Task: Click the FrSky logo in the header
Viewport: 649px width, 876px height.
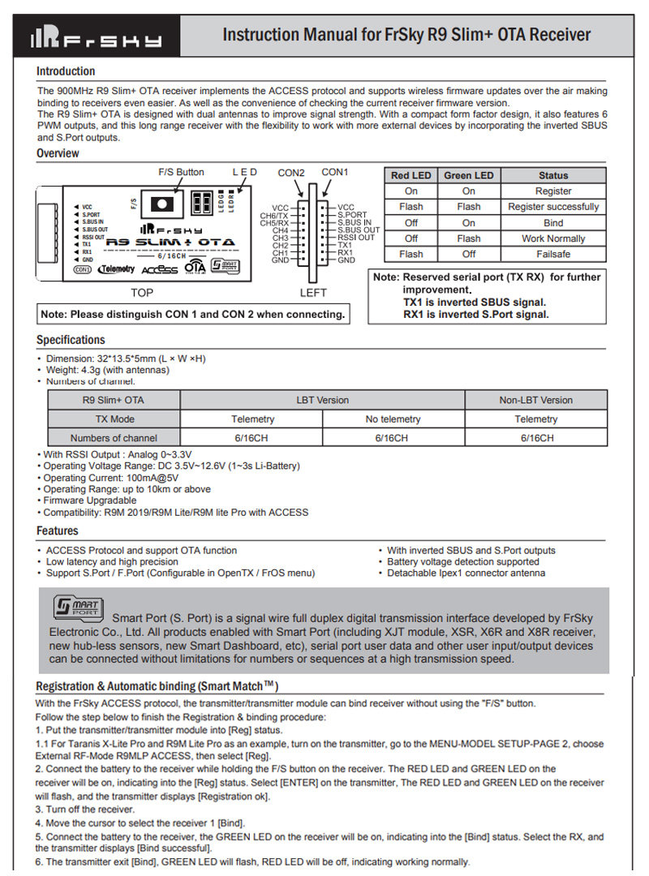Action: (96, 37)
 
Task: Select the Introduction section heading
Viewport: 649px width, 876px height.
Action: (66, 71)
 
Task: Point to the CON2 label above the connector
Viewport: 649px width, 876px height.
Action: (291, 173)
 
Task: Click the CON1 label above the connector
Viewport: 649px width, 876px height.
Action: (335, 172)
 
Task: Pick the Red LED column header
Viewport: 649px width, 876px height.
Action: (411, 175)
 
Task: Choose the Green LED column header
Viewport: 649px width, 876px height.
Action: (468, 175)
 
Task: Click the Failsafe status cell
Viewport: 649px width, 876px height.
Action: (553, 254)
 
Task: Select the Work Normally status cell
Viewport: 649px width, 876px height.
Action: (553, 238)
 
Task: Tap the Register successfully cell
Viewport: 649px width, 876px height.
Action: (553, 207)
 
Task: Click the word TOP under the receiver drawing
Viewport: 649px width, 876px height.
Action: (142, 293)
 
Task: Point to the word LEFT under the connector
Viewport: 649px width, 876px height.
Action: (313, 293)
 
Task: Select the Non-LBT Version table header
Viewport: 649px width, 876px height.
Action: (535, 400)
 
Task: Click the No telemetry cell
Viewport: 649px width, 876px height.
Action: (393, 419)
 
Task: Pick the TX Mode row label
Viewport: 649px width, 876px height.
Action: (114, 419)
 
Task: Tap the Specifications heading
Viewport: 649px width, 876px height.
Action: (71, 340)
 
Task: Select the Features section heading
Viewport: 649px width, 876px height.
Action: (58, 530)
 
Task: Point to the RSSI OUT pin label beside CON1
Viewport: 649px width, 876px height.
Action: (356, 238)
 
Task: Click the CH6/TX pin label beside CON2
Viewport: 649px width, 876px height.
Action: (274, 216)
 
